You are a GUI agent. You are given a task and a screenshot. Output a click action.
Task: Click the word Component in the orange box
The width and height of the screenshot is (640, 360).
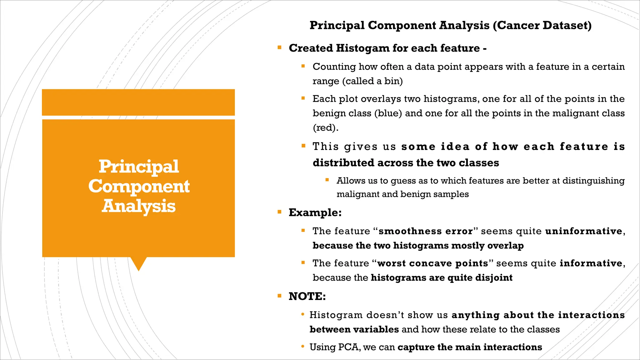tap(139, 187)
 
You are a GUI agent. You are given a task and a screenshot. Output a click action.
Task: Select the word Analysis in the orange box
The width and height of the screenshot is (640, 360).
tap(139, 206)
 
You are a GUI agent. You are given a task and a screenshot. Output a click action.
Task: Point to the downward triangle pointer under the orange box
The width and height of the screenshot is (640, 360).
tap(138, 263)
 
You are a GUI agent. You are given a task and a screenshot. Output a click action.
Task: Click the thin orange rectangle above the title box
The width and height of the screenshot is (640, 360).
tap(138, 102)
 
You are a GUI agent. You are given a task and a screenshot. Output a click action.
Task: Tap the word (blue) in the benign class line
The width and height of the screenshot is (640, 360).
tap(388, 113)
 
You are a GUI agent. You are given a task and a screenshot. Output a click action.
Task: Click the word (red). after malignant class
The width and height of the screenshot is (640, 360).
tap(325, 127)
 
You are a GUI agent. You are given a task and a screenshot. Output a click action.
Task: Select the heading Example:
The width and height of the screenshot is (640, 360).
tap(315, 212)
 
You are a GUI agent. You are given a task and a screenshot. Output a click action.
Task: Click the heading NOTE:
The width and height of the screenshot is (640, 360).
tap(307, 296)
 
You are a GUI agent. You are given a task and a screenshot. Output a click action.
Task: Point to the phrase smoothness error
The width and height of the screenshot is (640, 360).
tap(426, 231)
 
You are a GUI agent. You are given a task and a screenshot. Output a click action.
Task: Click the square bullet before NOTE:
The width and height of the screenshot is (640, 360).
tap(279, 296)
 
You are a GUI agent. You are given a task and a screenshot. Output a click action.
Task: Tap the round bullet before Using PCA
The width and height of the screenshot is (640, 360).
tap(302, 346)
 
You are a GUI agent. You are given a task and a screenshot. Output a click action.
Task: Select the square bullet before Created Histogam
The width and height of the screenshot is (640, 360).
tap(279, 48)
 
